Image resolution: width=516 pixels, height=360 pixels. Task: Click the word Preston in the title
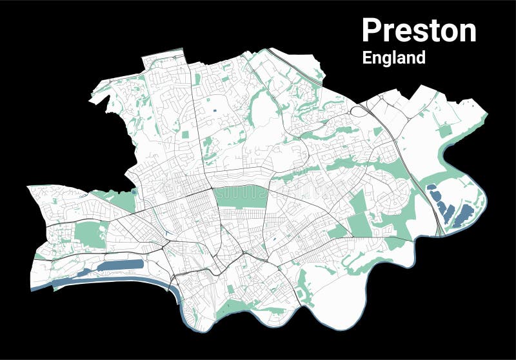tap(419, 30)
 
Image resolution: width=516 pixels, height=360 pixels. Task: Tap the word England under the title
tap(393, 57)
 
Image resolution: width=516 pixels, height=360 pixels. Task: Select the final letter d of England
tap(421, 57)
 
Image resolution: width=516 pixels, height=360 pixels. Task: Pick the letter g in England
tap(387, 59)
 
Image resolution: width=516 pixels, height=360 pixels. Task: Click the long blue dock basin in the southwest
tap(119, 265)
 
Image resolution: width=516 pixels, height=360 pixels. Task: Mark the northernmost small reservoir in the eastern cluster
tap(430, 188)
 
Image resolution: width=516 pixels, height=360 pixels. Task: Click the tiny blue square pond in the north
tap(215, 112)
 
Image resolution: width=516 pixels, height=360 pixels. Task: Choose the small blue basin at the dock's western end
tap(82, 272)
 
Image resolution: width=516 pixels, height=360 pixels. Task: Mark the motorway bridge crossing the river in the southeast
tap(441, 232)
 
